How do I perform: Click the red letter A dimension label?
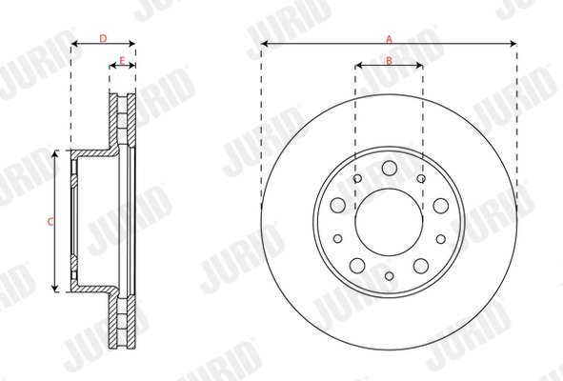(x=390, y=39)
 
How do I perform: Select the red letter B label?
(x=390, y=61)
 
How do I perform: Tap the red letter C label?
(x=50, y=222)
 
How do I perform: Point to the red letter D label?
(x=103, y=38)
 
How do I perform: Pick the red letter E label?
(x=122, y=61)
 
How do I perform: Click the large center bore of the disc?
(x=389, y=222)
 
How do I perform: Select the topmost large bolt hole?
(x=390, y=168)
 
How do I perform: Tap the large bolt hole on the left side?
(x=338, y=205)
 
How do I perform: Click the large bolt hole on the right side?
(x=440, y=206)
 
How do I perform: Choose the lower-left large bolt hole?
(x=357, y=266)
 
